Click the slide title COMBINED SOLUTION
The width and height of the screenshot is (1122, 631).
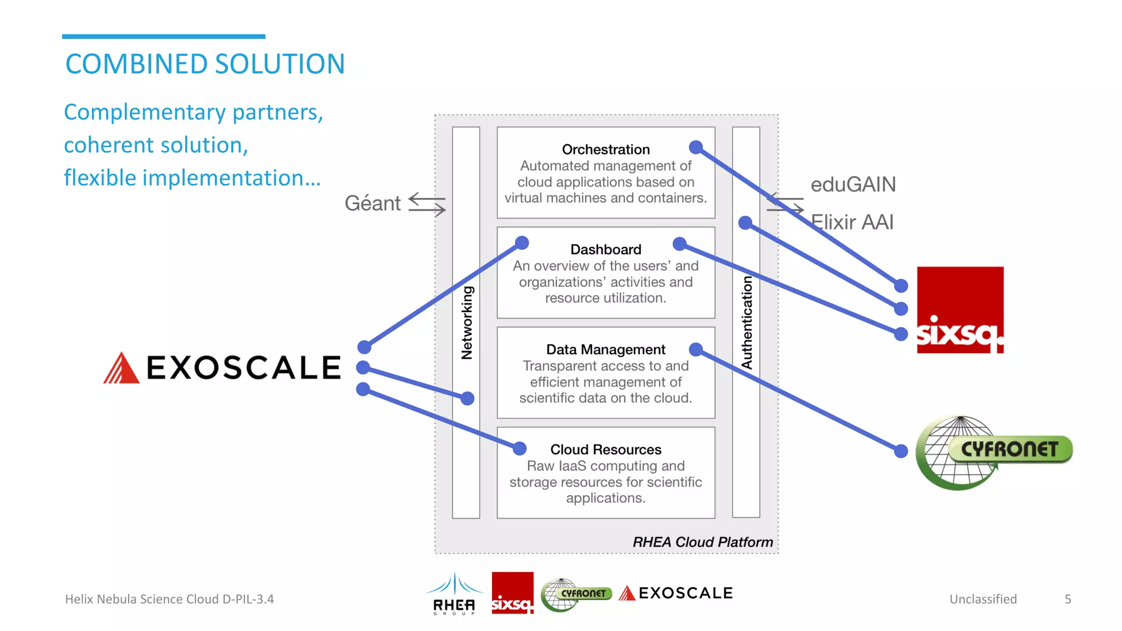pyautogui.click(x=205, y=64)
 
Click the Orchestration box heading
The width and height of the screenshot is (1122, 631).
pyautogui.click(x=605, y=150)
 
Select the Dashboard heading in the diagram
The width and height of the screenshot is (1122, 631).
pyautogui.click(x=605, y=250)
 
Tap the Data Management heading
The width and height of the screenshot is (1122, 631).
pyautogui.click(x=605, y=349)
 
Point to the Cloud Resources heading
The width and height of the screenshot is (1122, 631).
pyautogui.click(x=605, y=450)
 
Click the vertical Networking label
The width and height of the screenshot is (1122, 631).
pyautogui.click(x=467, y=323)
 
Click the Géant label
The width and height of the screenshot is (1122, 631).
pyautogui.click(x=373, y=204)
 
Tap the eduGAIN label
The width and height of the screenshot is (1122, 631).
pyautogui.click(x=853, y=185)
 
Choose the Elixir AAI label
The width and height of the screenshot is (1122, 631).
pyautogui.click(x=852, y=222)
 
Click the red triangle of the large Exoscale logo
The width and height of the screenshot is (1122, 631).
pyautogui.click(x=122, y=369)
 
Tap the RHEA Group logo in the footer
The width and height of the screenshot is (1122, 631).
pyautogui.click(x=454, y=594)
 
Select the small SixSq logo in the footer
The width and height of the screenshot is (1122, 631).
pyautogui.click(x=512, y=593)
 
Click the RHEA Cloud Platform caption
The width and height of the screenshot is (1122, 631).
pyautogui.click(x=702, y=542)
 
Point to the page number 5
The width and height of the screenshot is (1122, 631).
pyautogui.click(x=1068, y=599)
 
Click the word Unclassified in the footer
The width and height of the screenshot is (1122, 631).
pyautogui.click(x=983, y=599)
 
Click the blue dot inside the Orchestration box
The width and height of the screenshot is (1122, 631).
pyautogui.click(x=696, y=147)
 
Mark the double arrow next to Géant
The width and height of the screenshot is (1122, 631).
pyautogui.click(x=427, y=204)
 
